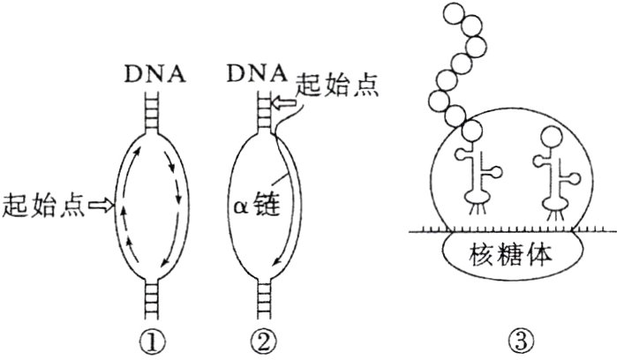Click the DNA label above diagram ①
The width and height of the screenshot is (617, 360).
[x=159, y=72]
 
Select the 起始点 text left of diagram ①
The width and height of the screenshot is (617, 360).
[x=43, y=205]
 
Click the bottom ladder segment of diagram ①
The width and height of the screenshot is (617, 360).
[x=159, y=299]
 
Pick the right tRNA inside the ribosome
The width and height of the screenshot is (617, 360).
[x=553, y=181]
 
